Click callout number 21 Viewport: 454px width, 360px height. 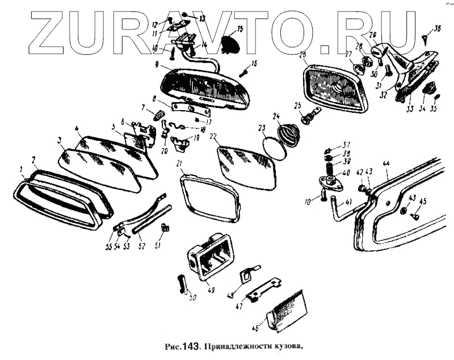(x=179, y=165)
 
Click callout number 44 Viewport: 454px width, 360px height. (x=386, y=164)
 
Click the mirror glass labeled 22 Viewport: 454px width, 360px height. (x=247, y=167)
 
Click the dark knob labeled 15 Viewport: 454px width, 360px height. (x=229, y=43)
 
